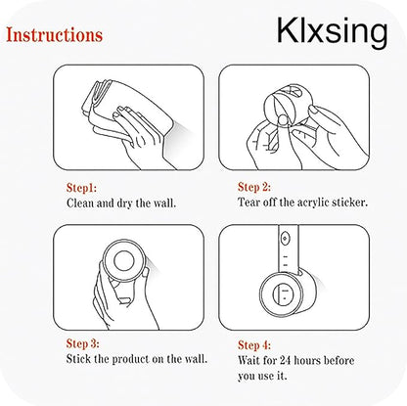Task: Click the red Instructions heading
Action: (55, 35)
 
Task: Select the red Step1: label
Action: (81, 188)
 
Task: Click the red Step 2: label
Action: (254, 187)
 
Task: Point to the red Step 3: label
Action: (83, 343)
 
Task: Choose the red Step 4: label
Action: (254, 344)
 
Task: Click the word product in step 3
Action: (130, 359)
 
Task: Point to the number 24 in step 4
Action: (285, 360)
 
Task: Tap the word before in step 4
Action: (339, 360)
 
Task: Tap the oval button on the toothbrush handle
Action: (285, 239)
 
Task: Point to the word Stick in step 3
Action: (78, 359)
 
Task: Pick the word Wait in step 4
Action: (249, 360)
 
